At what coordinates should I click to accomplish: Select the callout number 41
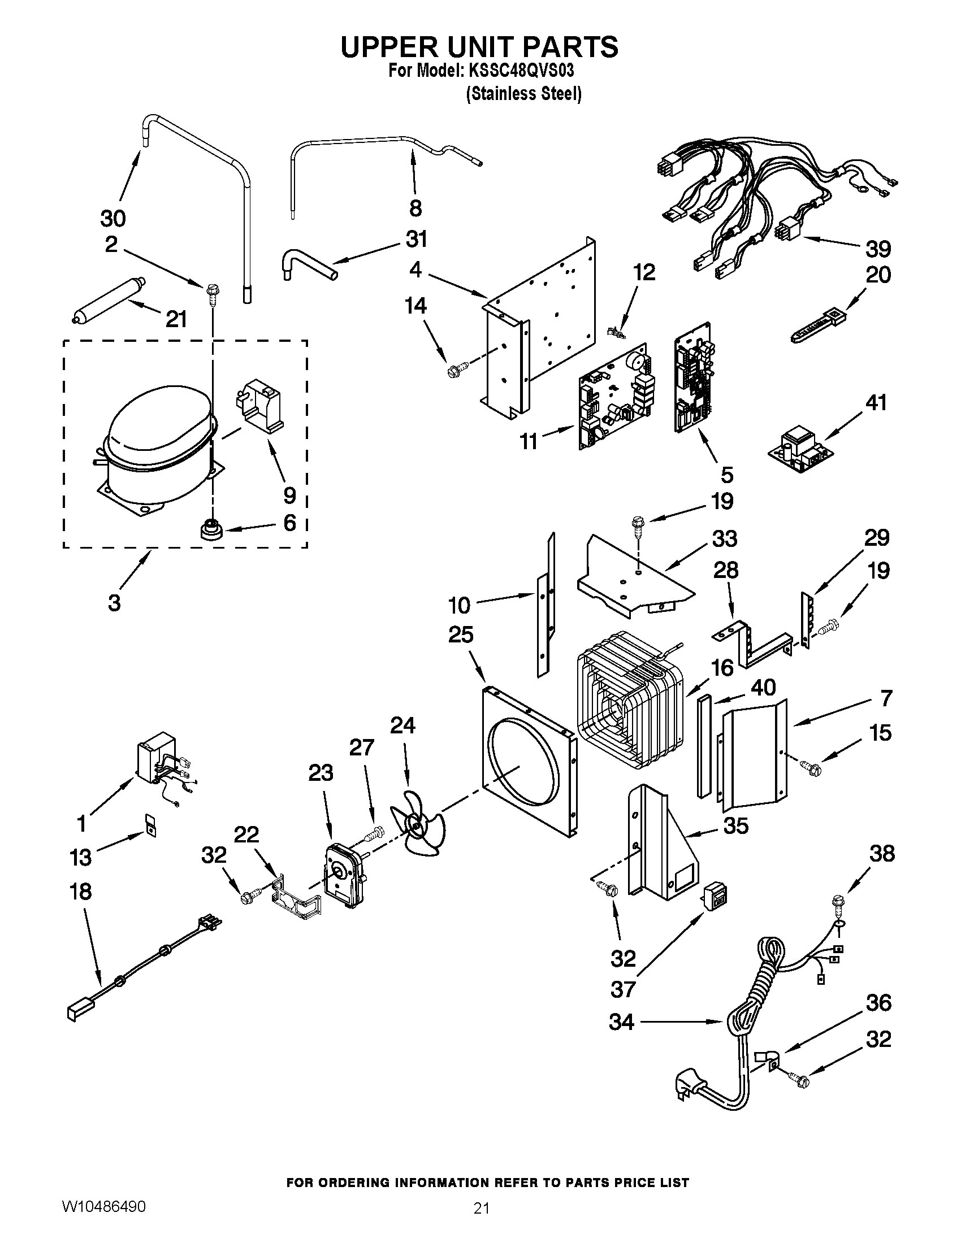[x=876, y=403]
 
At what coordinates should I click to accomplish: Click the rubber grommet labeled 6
[x=211, y=531]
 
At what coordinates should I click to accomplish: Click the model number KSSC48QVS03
[x=521, y=71]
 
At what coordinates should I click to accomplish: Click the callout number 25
[x=461, y=634]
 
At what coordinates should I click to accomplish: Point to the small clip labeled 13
[x=150, y=825]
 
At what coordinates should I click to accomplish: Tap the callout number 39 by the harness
[x=878, y=249]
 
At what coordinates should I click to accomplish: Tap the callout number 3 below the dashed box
[x=114, y=603]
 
